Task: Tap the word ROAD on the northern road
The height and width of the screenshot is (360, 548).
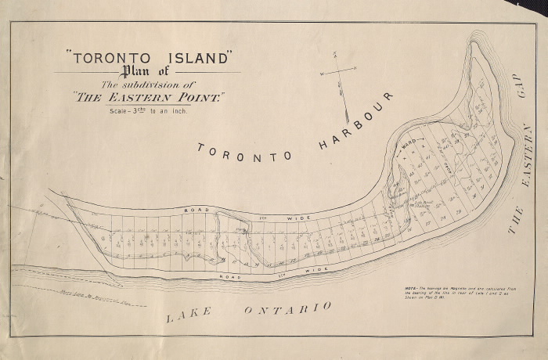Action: (x=193, y=211)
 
